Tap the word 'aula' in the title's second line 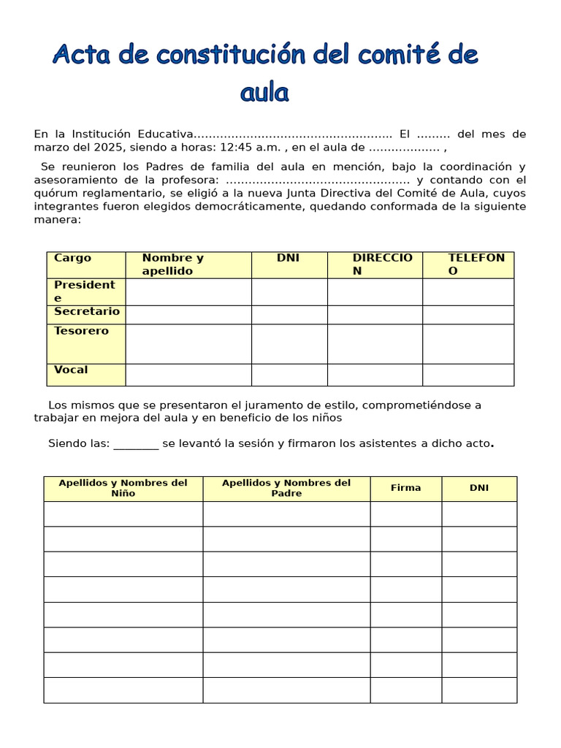[264, 93]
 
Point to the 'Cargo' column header [72, 258]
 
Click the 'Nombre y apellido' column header [173, 264]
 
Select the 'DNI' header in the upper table [288, 258]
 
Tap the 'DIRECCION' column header [382, 264]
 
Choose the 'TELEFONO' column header [476, 264]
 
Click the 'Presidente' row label [85, 291]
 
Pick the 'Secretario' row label [86, 312]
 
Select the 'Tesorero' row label [81, 331]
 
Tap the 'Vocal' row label [71, 370]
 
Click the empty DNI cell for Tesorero [289, 344]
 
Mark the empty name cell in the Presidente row [188, 291]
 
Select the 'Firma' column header [405, 488]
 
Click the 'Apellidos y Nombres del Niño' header [123, 488]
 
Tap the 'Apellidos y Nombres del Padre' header [286, 488]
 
